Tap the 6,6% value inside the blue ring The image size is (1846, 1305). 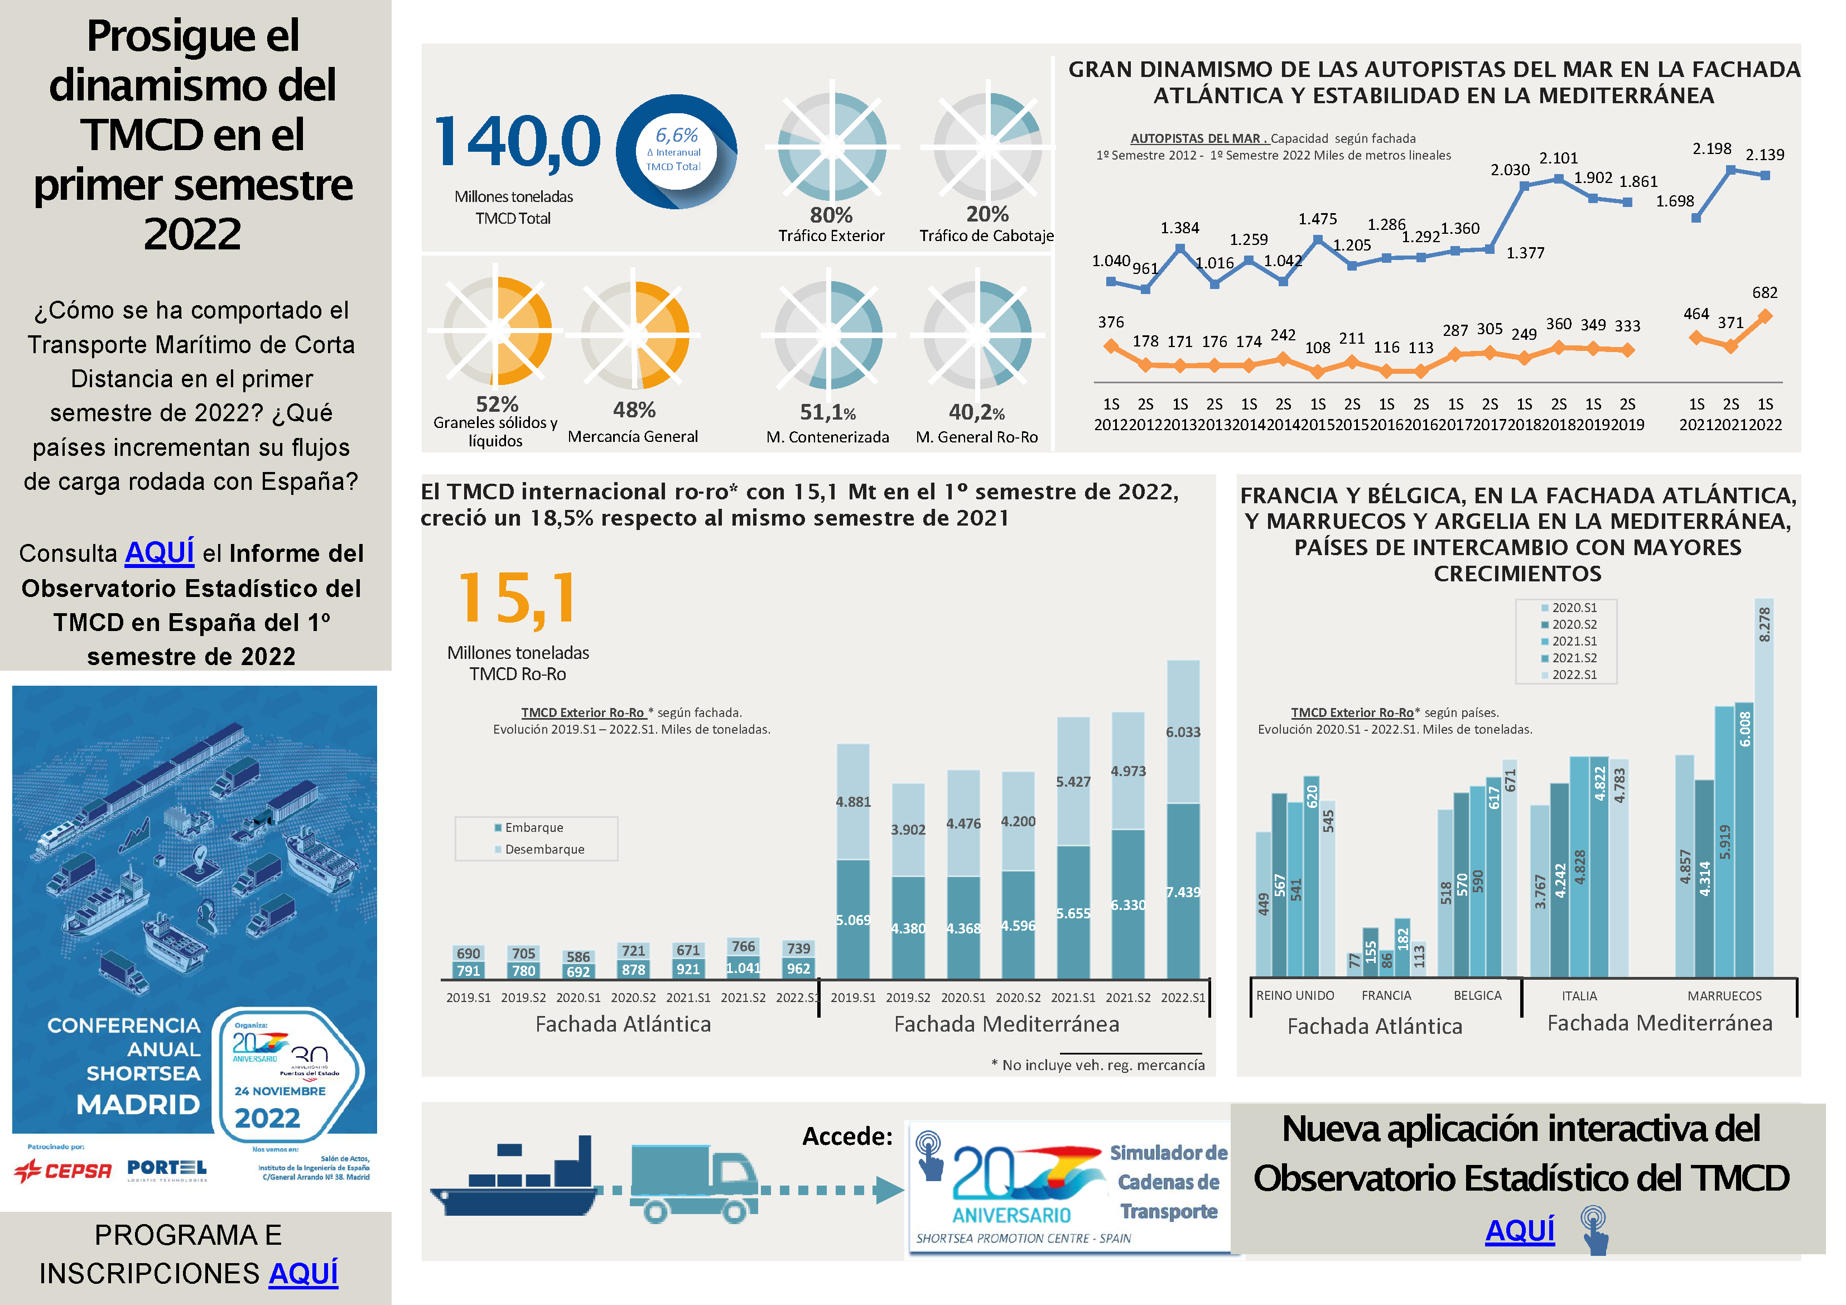click(x=676, y=135)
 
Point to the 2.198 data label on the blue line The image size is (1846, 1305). click(x=1712, y=149)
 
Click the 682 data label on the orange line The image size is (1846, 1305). click(x=1765, y=293)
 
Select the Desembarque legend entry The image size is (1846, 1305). click(x=543, y=849)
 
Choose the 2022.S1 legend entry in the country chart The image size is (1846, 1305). click(x=1573, y=675)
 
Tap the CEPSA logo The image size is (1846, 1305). click(x=62, y=1170)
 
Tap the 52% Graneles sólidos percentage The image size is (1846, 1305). click(x=497, y=403)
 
